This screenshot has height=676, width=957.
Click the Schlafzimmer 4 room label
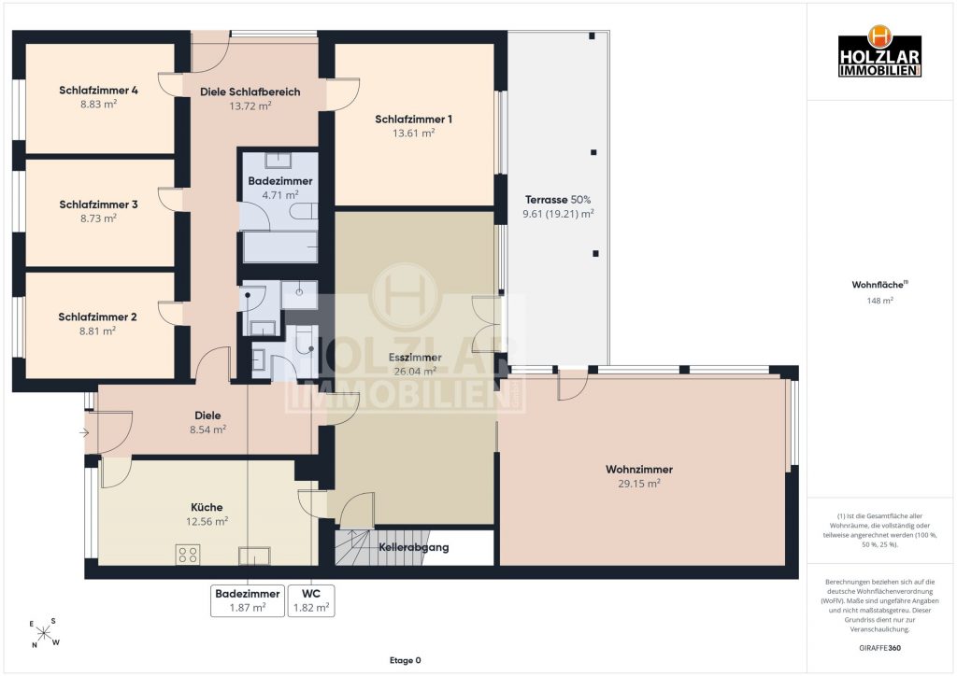98,91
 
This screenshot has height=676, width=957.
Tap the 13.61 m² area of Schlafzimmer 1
413,133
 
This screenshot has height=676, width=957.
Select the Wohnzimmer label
639,470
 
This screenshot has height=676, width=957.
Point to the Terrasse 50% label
558,199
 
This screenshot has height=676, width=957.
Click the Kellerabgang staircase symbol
356,547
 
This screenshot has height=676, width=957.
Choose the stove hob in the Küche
187,554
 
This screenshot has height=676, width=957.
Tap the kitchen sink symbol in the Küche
254,556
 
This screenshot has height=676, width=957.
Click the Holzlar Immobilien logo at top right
879,51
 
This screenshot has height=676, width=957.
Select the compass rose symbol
44,633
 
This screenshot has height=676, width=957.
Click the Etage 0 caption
406,660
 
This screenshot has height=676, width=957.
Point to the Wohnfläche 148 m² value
880,301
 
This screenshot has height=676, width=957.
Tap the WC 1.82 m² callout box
311,600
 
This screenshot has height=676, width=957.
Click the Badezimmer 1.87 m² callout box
247,600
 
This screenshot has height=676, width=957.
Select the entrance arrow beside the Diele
84,433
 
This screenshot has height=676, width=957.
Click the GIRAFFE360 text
879,648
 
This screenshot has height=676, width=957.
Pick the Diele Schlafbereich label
250,92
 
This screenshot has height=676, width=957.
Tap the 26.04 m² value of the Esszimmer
415,372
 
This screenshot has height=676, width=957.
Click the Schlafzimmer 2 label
97,317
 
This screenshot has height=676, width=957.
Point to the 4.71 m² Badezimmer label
280,195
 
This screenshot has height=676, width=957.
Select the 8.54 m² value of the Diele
208,430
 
